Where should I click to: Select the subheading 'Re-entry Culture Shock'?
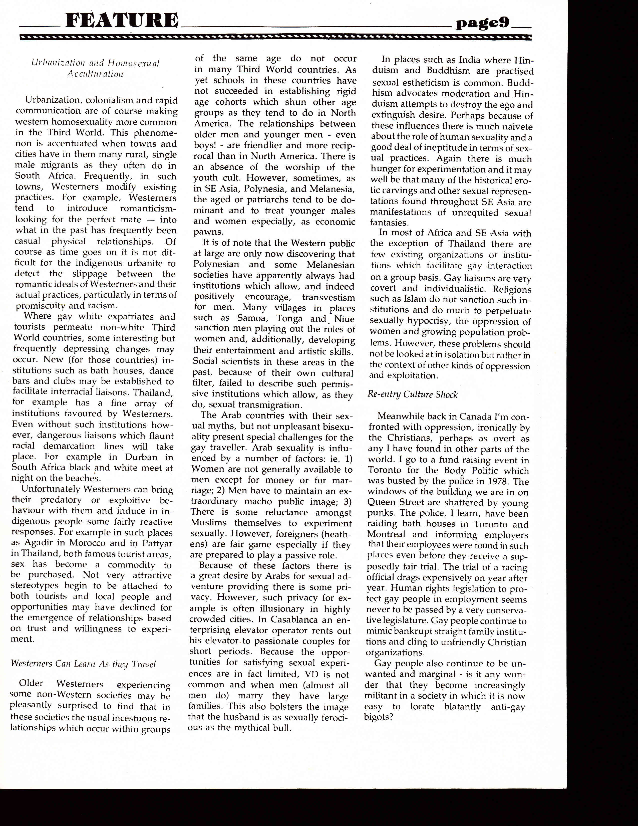pos(412,394)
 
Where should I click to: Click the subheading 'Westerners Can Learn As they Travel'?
pos(83,664)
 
